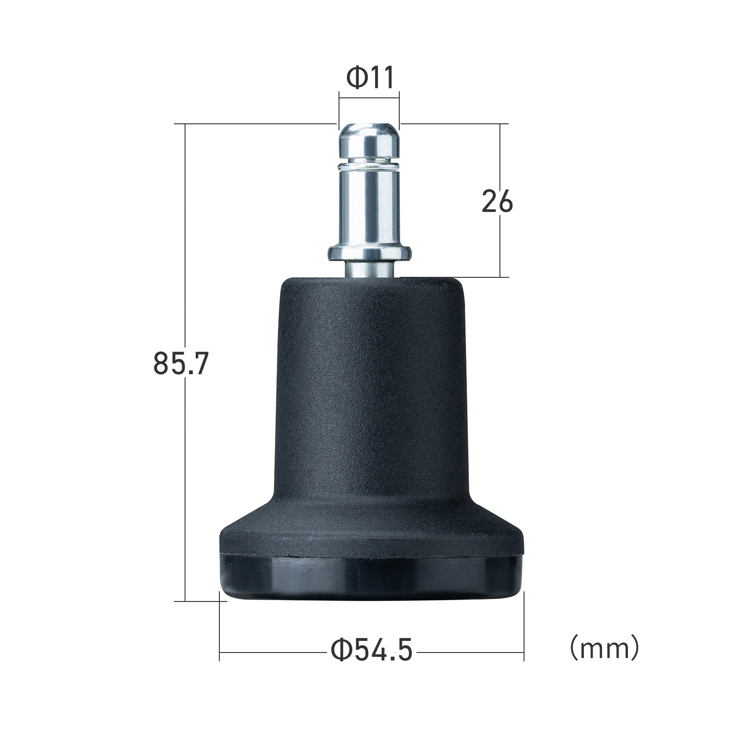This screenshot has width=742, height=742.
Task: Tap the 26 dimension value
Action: [x=497, y=201]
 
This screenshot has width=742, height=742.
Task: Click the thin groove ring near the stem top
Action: [x=369, y=164]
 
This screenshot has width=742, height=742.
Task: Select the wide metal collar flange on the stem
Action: [x=370, y=253]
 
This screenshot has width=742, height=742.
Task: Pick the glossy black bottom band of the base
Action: [x=371, y=576]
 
